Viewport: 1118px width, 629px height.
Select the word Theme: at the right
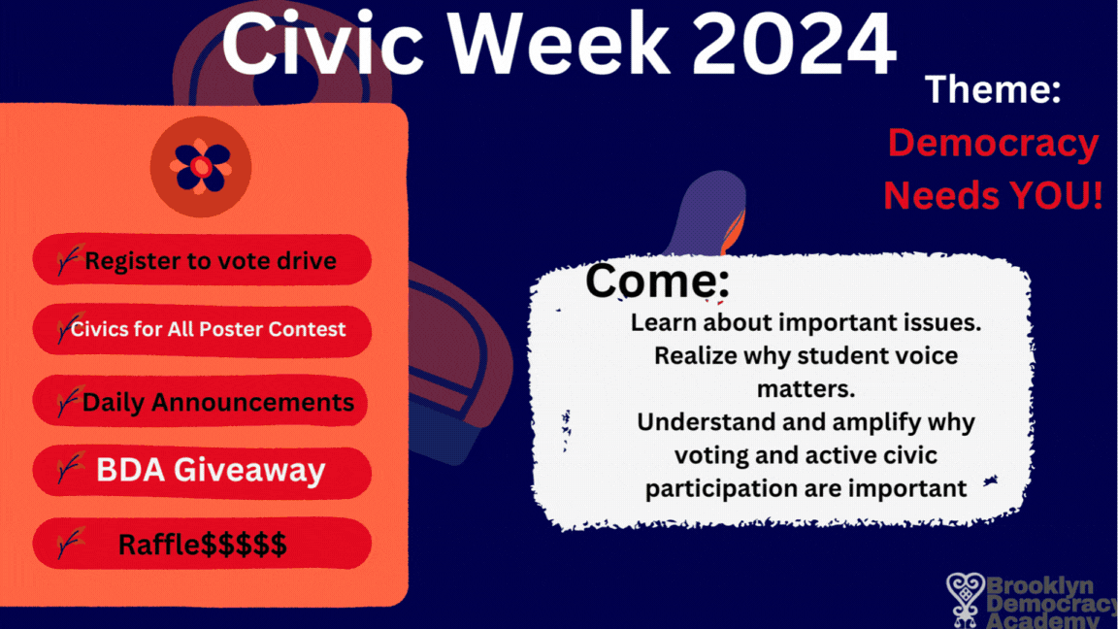[x=993, y=90]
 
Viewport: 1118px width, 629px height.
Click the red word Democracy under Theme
[x=993, y=144]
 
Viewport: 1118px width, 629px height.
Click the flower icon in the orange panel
[x=201, y=167]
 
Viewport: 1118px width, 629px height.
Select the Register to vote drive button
[x=202, y=260]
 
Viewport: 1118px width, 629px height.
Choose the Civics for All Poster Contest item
[x=202, y=329]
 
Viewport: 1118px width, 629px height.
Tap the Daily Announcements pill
[x=202, y=401]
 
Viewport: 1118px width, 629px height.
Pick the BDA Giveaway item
[x=202, y=471]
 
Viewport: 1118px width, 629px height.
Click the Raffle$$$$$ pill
[x=202, y=544]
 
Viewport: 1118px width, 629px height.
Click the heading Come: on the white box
[x=657, y=281]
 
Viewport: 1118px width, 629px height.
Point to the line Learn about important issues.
[x=806, y=322]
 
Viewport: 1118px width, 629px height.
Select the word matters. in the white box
[x=806, y=389]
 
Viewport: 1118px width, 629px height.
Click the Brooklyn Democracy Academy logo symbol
[x=965, y=600]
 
